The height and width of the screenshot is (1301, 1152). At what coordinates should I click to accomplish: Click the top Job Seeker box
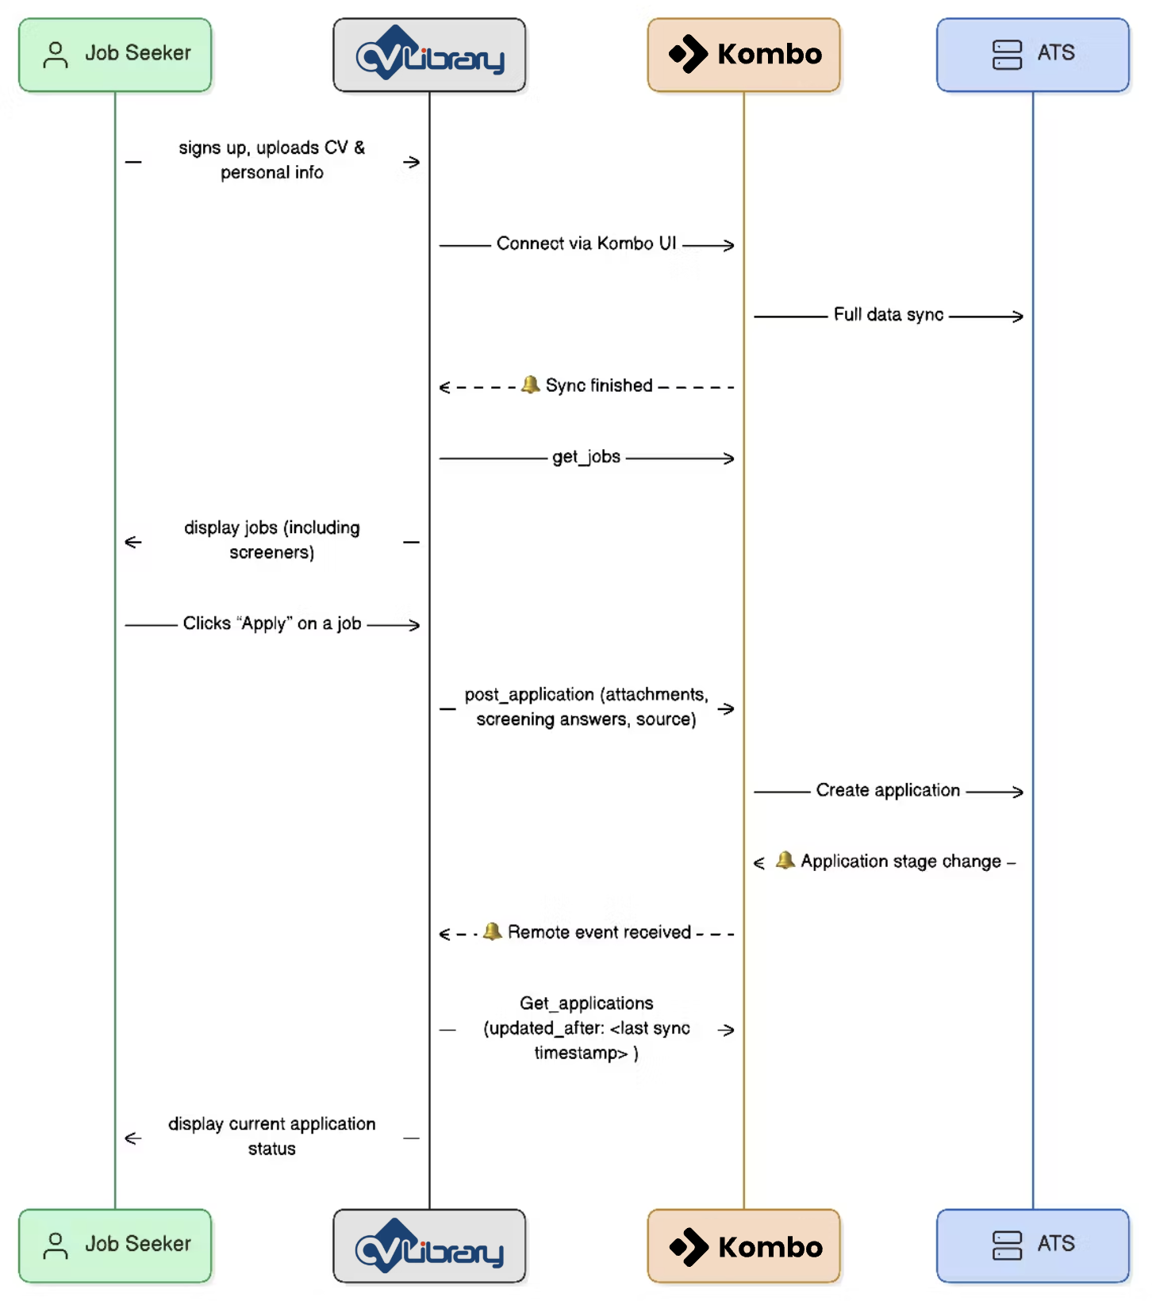pos(115,55)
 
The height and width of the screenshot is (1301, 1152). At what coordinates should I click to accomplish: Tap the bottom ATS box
pos(1032,1245)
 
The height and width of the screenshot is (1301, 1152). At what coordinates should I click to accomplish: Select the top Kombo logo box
pos(743,55)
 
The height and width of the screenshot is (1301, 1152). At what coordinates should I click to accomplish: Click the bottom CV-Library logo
pos(429,1246)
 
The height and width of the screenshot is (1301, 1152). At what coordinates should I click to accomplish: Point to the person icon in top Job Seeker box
pos(56,55)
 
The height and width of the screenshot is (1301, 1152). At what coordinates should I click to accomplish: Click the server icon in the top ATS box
pos(1007,55)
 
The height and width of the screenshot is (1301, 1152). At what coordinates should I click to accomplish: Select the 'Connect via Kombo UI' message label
pos(586,244)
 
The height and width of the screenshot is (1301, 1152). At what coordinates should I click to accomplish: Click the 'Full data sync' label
pos(888,315)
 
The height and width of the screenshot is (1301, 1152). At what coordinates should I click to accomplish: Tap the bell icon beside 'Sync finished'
pos(530,385)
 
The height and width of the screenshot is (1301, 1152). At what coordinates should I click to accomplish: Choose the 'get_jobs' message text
pos(586,457)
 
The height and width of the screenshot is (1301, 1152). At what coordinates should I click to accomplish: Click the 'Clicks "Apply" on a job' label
pos(272,624)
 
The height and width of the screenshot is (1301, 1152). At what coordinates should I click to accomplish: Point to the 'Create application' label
pos(888,790)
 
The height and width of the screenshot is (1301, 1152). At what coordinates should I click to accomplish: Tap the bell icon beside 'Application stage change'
pos(785,860)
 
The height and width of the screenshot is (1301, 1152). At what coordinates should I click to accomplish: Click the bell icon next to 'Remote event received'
pos(493,931)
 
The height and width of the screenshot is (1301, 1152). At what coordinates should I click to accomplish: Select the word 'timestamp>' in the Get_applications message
pos(581,1053)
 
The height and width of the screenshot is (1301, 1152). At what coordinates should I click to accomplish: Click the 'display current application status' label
pos(272,1136)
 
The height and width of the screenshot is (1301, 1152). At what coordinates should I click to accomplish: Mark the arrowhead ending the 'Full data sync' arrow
pos(1018,317)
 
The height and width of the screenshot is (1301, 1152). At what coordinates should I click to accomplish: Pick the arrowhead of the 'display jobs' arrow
pos(132,542)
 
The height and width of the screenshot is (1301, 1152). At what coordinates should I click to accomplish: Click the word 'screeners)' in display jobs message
pos(272,552)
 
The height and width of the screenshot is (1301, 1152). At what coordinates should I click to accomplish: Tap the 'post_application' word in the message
pos(529,695)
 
